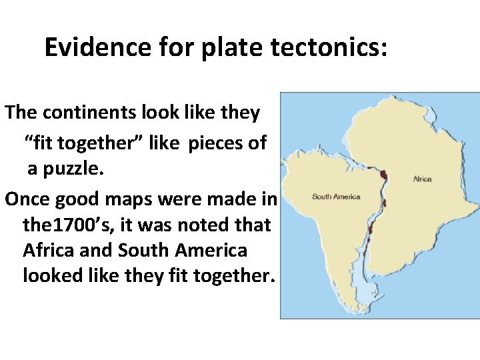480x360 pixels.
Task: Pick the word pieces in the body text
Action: pyautogui.click(x=227, y=143)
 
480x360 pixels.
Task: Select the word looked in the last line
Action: pyautogui.click(x=54, y=276)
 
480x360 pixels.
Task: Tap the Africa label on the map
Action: pyautogui.click(x=422, y=179)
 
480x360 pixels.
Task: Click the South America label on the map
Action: pyautogui.click(x=336, y=197)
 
